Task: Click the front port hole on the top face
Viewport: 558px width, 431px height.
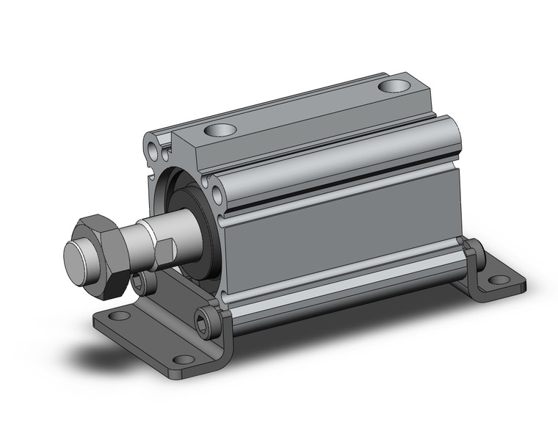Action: point(220,131)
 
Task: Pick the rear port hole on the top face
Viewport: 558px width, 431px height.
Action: point(395,86)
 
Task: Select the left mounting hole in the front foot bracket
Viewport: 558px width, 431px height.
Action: point(118,316)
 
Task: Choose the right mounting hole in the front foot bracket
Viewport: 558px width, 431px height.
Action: point(184,359)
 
